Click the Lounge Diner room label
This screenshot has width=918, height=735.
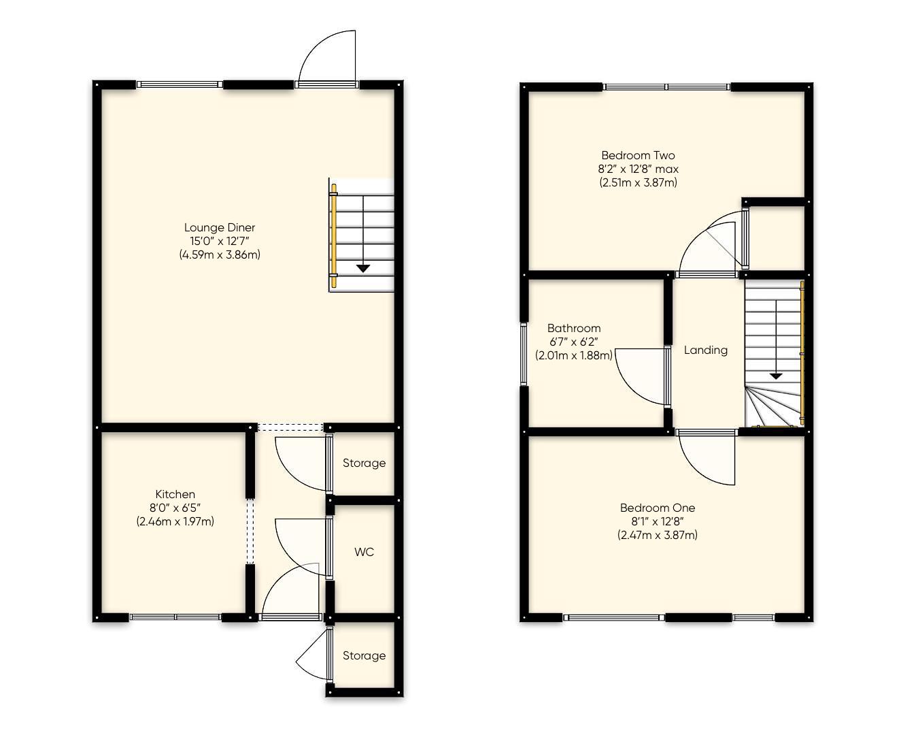pyautogui.click(x=219, y=227)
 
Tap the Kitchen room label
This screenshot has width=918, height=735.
pyautogui.click(x=175, y=494)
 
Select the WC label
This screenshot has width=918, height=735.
pyautogui.click(x=364, y=552)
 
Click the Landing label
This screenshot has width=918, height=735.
pyautogui.click(x=705, y=350)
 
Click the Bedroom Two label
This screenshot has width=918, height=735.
pyautogui.click(x=637, y=155)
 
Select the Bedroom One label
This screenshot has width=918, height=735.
pyautogui.click(x=657, y=508)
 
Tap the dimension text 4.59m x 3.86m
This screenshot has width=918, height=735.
pyautogui.click(x=219, y=255)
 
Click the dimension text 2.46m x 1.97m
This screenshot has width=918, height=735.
pyautogui.click(x=175, y=521)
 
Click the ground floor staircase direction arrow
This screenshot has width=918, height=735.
pyautogui.click(x=363, y=267)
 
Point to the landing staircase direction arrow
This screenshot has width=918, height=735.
pyautogui.click(x=775, y=375)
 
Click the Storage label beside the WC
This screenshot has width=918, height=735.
pyautogui.click(x=364, y=463)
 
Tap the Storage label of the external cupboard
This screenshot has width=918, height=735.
pyautogui.click(x=364, y=655)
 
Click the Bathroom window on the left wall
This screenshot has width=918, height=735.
pyautogui.click(x=524, y=353)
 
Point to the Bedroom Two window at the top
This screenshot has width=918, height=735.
pyautogui.click(x=666, y=86)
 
